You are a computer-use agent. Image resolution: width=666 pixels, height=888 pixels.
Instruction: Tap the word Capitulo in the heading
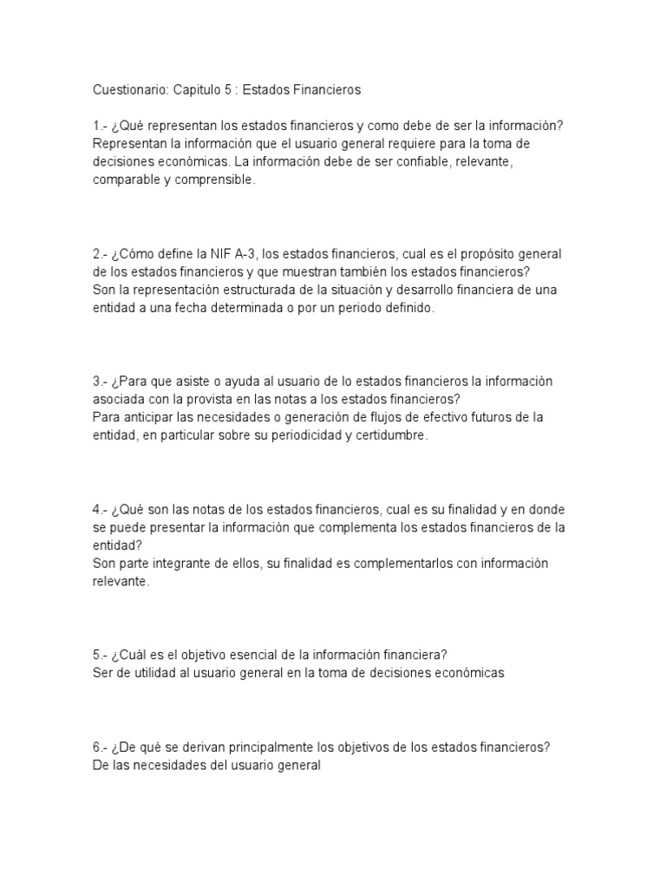click(x=198, y=89)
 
